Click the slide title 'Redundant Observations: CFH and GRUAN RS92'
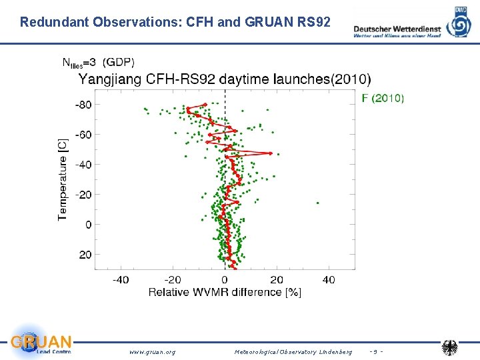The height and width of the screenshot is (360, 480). click(x=175, y=22)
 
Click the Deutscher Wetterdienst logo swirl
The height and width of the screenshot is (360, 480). click(x=459, y=25)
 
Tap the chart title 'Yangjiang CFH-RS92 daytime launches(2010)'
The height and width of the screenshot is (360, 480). click(x=225, y=79)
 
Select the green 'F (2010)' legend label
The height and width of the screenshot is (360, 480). click(x=382, y=98)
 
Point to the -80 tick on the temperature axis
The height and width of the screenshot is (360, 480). click(x=83, y=105)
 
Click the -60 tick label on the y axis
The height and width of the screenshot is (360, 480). click(x=83, y=135)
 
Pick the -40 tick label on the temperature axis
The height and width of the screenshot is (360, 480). click(x=83, y=165)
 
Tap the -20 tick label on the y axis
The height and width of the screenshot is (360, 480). click(x=83, y=195)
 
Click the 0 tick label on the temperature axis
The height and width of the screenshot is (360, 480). click(x=88, y=225)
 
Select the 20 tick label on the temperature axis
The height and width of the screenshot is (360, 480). click(x=86, y=255)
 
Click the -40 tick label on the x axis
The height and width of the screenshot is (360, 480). click(x=121, y=280)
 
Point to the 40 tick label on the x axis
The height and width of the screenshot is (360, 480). click(x=329, y=280)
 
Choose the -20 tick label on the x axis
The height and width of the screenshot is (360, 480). click(x=173, y=280)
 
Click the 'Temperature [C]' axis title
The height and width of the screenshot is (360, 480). click(x=63, y=179)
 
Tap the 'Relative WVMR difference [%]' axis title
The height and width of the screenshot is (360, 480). click(x=225, y=292)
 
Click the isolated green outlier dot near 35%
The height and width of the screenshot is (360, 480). click(x=317, y=203)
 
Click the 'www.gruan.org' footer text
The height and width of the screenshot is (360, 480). click(x=152, y=351)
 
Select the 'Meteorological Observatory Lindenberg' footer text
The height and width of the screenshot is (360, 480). click(x=293, y=351)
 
